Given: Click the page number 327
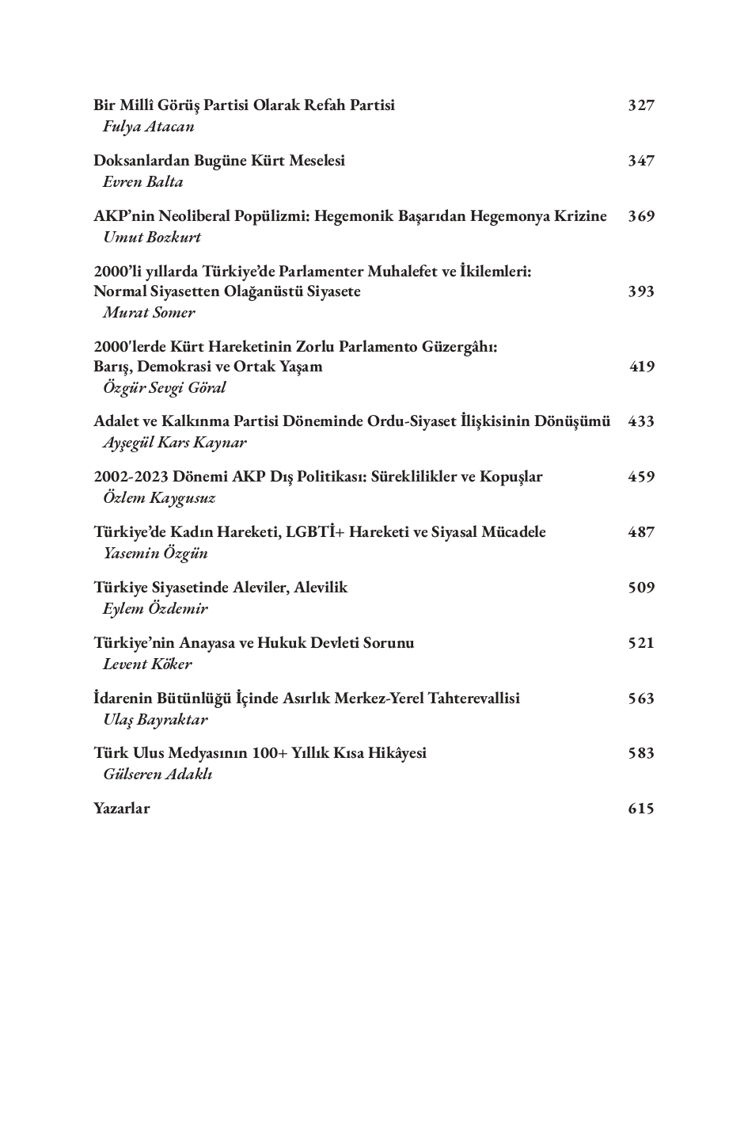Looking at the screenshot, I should click(641, 105).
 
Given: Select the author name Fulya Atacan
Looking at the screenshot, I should click(148, 127).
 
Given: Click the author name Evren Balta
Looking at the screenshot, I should click(142, 182).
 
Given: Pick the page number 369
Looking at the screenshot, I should click(641, 216).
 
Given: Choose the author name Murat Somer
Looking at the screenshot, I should click(149, 312).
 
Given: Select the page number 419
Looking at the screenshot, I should click(642, 367).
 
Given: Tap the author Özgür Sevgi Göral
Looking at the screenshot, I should click(164, 388).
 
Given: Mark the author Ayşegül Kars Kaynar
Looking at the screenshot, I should click(174, 443).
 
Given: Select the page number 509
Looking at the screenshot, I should click(641, 588).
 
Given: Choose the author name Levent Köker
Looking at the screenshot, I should click(147, 664).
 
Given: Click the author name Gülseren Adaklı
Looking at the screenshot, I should click(158, 775).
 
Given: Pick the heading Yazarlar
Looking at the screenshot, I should click(121, 809).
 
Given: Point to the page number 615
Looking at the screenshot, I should click(641, 809).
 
